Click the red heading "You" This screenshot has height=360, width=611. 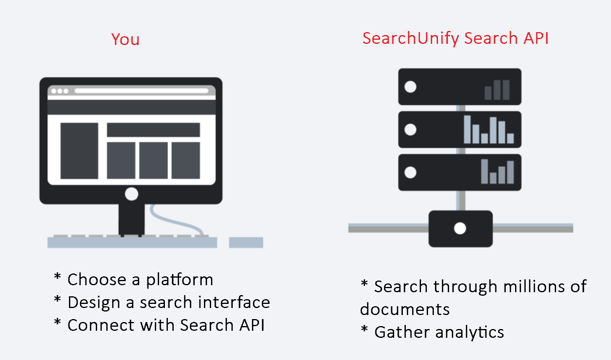125,39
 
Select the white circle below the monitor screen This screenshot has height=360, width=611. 132,194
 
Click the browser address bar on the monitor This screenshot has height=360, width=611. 141,91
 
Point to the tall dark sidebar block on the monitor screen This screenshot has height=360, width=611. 79,150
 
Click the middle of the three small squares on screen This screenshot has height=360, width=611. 153,160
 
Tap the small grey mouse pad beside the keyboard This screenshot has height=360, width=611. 246,243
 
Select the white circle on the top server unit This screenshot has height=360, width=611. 410,87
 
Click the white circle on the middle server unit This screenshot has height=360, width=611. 410,130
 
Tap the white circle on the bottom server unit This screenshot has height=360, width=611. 410,172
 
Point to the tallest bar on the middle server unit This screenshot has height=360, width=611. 467,129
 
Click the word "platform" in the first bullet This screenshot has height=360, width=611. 180,280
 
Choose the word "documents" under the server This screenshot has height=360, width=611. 405,309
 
